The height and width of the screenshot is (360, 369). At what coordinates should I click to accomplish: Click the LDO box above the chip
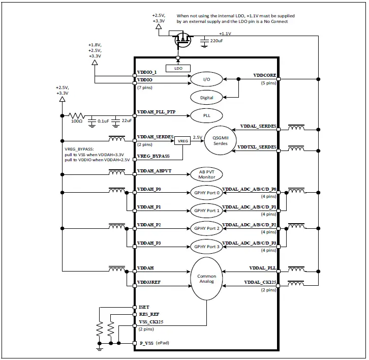coord(177,68)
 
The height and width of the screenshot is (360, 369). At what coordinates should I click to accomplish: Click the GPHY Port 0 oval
coord(206,192)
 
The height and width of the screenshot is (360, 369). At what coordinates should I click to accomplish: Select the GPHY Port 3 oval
coord(206,247)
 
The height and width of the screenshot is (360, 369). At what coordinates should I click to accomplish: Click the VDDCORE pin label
coord(264,76)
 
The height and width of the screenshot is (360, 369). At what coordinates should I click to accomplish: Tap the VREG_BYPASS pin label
coord(153,156)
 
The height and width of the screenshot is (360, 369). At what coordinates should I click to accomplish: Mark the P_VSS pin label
coord(147,343)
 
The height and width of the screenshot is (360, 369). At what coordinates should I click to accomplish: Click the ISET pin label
coord(144,308)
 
